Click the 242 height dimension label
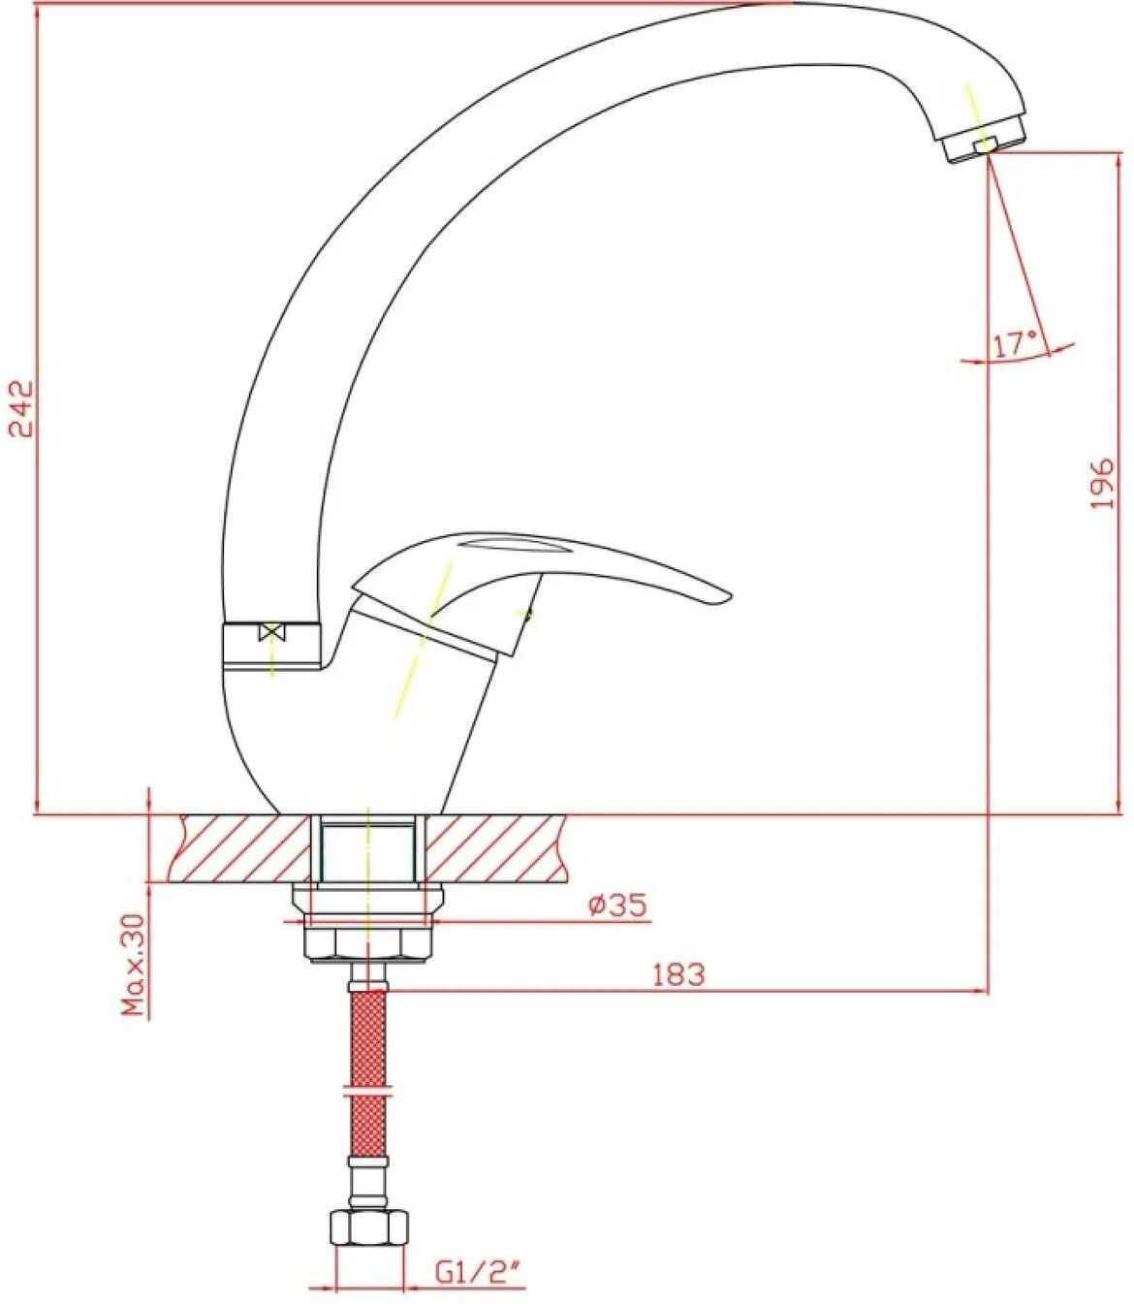click(21, 408)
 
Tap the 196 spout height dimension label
click(1101, 483)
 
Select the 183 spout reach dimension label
click(679, 974)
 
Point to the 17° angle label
click(1015, 345)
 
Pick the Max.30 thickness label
click(135, 965)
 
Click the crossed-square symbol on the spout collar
click(271, 634)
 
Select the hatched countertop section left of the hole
click(244, 848)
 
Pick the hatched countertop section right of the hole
click(494, 848)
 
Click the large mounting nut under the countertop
click(368, 944)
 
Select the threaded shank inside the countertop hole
click(368, 851)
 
